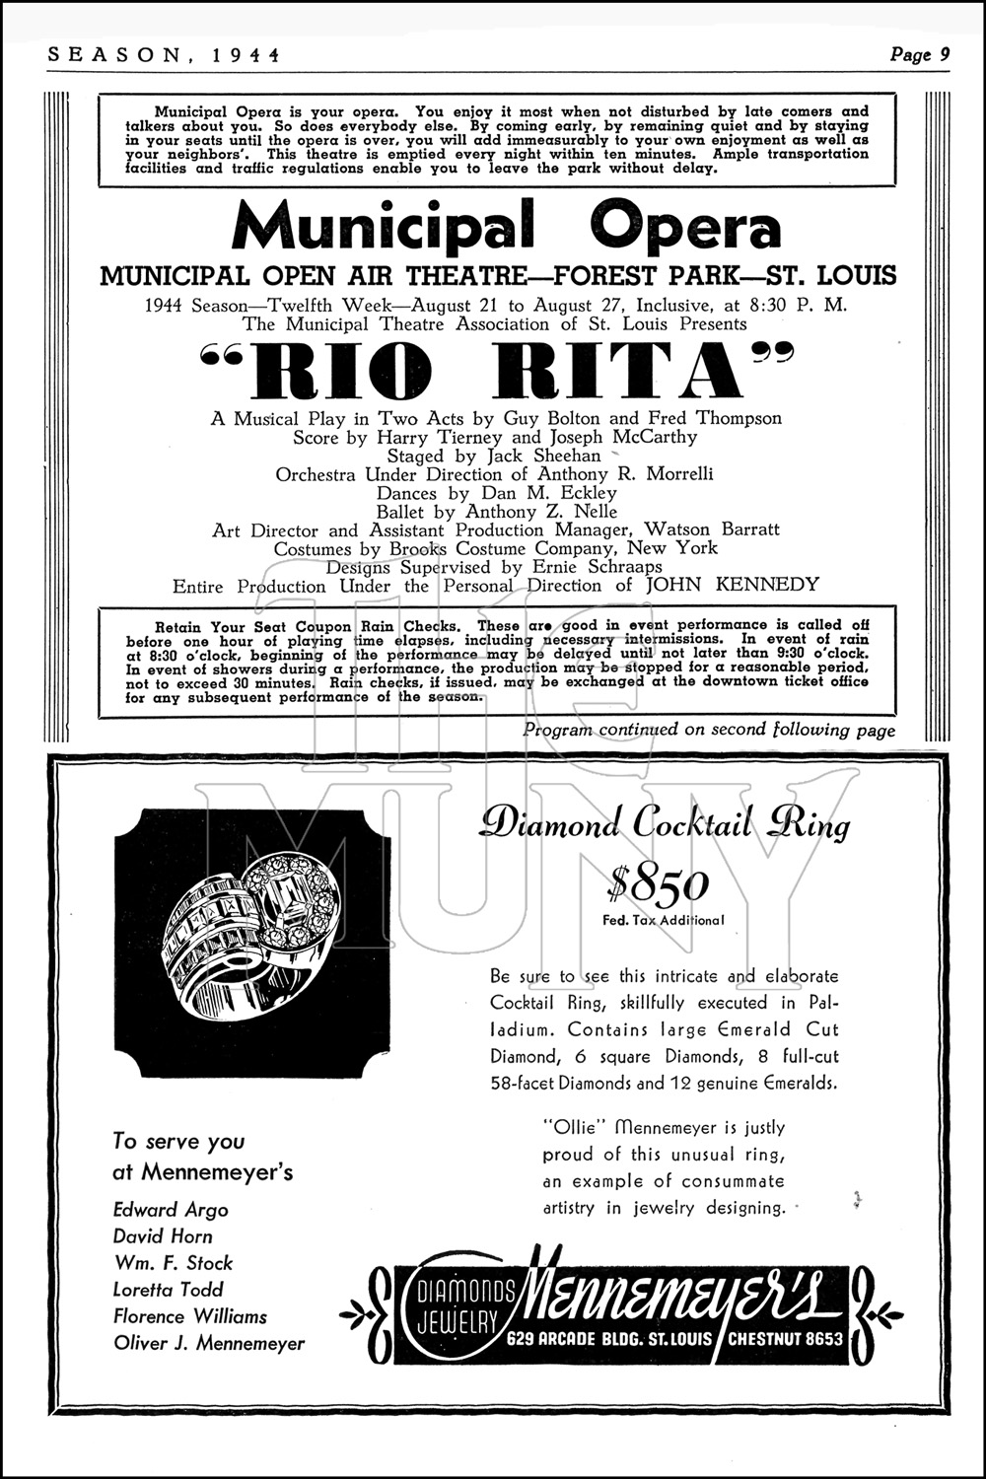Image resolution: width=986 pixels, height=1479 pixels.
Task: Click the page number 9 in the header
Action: click(x=944, y=55)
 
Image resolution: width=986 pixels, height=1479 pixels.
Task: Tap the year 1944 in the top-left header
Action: click(x=246, y=55)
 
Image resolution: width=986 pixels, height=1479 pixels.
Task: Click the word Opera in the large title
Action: click(x=684, y=226)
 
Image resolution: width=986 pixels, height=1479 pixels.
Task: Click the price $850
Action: click(x=658, y=884)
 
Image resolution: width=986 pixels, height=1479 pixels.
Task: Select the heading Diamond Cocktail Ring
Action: click(x=664, y=823)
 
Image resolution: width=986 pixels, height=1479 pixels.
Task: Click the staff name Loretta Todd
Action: click(x=169, y=1290)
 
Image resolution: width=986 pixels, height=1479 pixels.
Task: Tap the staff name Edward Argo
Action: click(x=171, y=1210)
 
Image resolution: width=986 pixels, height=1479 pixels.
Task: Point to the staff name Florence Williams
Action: click(x=190, y=1316)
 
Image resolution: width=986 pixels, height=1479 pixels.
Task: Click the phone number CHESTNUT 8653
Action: click(x=785, y=1338)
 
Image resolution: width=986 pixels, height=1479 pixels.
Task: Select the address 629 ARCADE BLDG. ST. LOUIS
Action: click(x=613, y=1338)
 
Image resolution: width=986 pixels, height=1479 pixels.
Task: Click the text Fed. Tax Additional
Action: click(x=663, y=921)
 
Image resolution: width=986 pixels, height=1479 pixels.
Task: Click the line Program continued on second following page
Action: click(x=709, y=731)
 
